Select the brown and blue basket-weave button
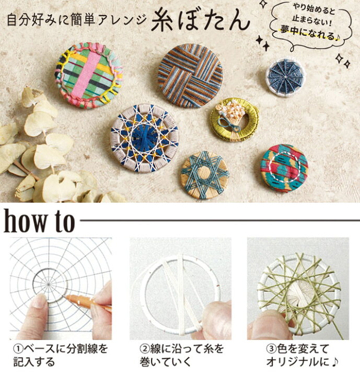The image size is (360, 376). click(x=190, y=76)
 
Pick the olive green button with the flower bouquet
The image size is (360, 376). click(x=234, y=119)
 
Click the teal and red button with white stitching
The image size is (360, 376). click(x=284, y=168)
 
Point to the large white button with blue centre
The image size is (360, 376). click(x=144, y=137)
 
